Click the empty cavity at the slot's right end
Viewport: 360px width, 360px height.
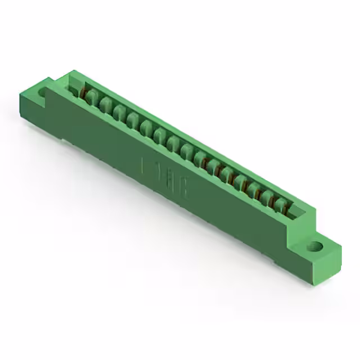tap(297, 213)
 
